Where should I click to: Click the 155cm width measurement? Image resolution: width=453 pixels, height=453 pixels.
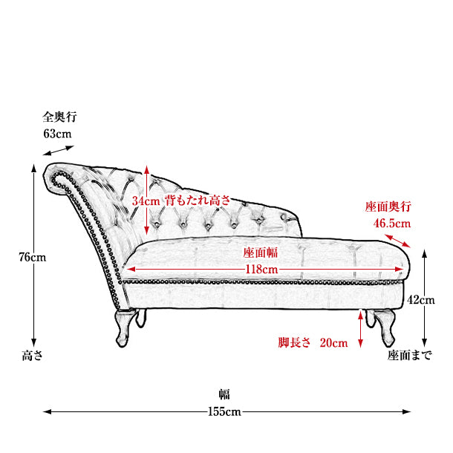[224, 411]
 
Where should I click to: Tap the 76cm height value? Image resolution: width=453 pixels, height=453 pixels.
[33, 257]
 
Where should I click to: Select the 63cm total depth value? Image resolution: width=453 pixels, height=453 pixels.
[57, 134]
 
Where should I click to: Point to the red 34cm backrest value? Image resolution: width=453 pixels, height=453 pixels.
[146, 201]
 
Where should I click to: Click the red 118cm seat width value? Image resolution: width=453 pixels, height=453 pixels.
[261, 270]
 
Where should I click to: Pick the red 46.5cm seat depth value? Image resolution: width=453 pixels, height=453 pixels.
[392, 224]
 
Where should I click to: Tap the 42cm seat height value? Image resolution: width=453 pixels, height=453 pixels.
[420, 300]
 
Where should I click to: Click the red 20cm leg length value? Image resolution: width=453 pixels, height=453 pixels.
[333, 343]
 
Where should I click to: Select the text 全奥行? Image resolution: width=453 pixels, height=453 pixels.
[60, 117]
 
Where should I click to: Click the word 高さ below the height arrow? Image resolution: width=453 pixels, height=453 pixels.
[33, 356]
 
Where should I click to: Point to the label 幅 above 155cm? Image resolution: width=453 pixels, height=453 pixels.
[224, 394]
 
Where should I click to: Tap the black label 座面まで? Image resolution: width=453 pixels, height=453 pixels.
[409, 356]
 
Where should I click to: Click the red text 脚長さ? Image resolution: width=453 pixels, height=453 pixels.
[294, 342]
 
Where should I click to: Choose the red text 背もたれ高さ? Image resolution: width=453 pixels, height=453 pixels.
[198, 201]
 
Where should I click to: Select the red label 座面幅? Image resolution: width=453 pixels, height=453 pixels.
[261, 252]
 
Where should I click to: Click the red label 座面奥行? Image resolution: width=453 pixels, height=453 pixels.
[388, 206]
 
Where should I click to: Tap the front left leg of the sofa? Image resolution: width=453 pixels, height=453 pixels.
[125, 328]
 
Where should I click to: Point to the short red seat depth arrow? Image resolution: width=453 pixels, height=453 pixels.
[397, 241]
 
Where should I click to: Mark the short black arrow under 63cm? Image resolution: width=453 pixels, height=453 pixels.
[59, 151]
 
